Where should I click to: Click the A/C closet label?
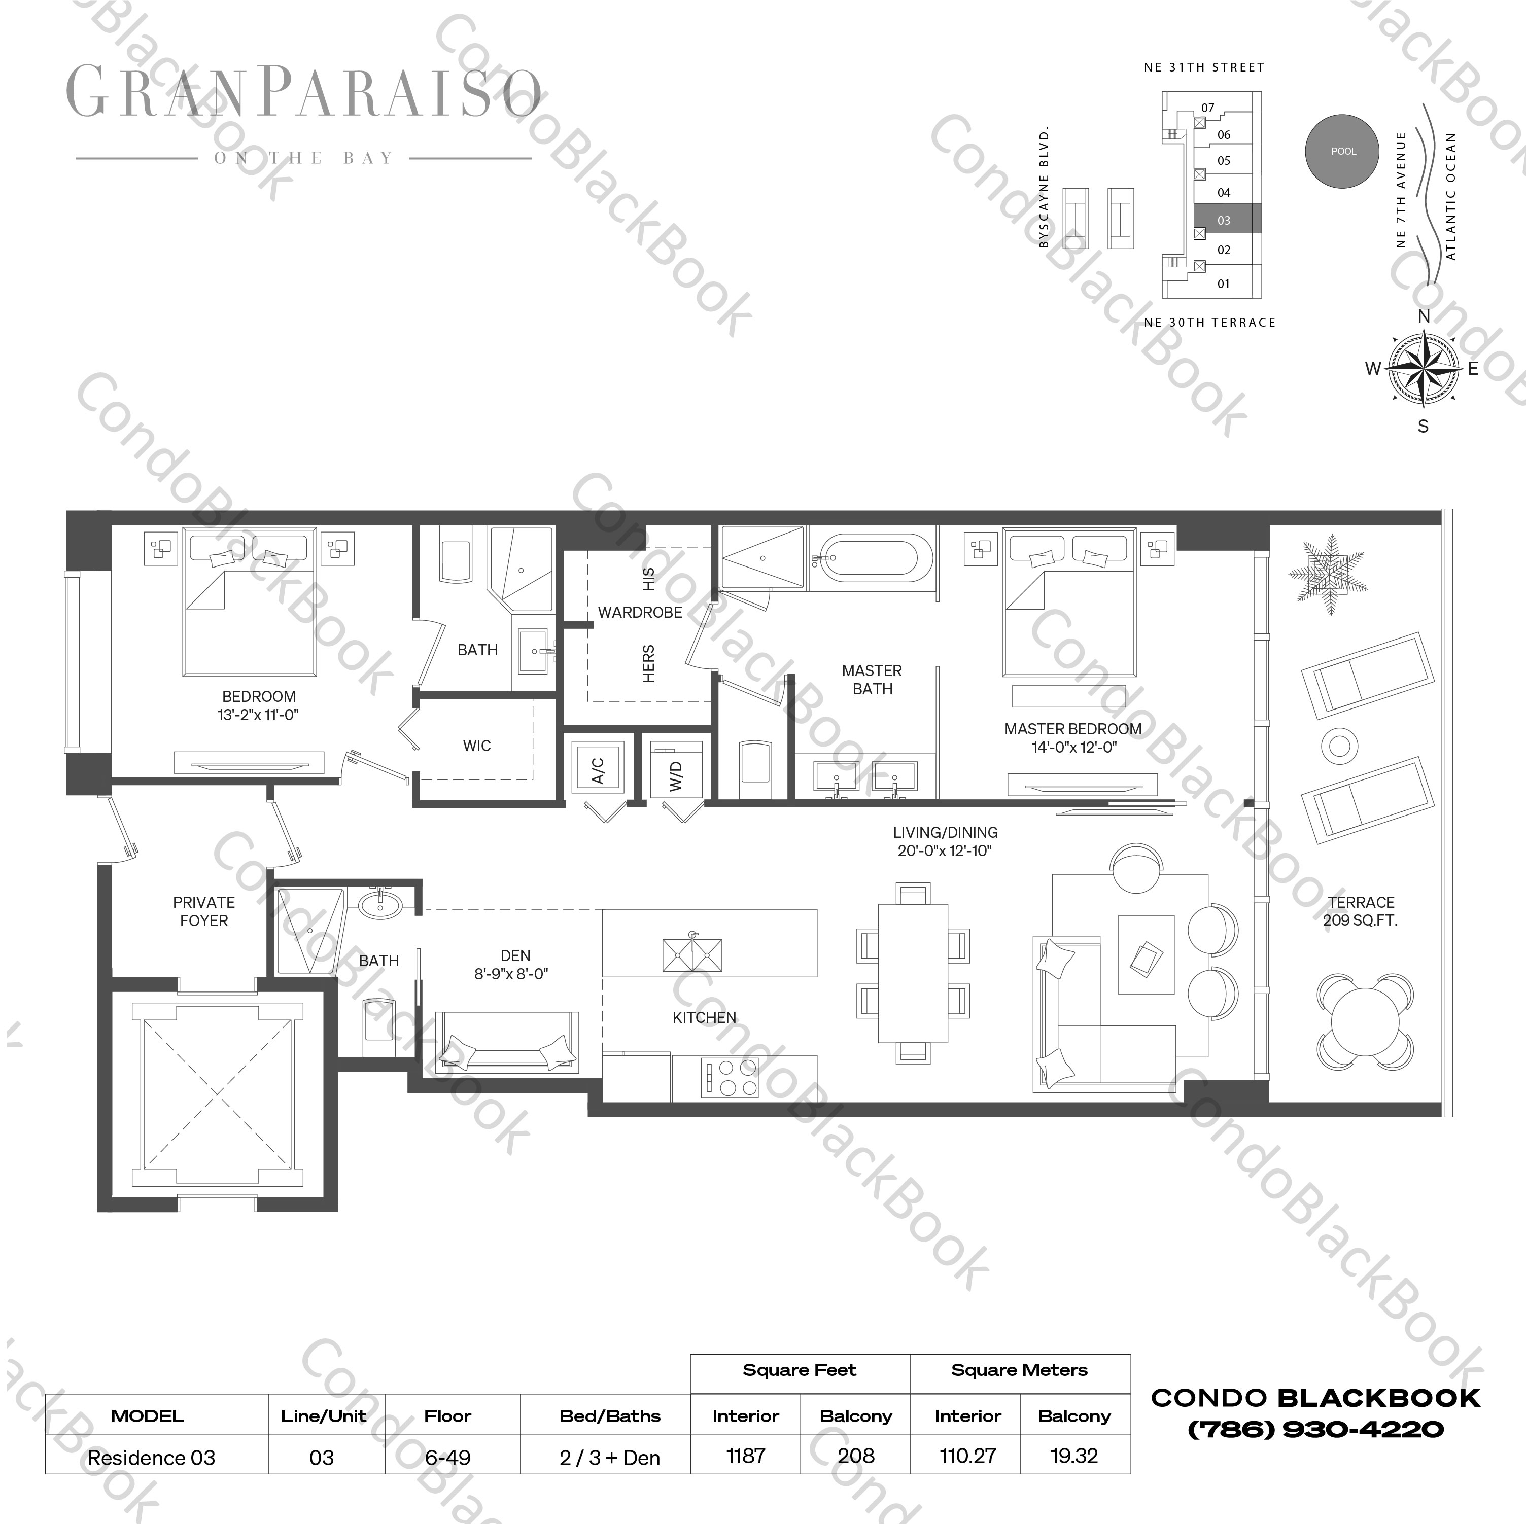598,770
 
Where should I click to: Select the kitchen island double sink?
692,954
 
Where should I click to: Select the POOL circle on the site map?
1343,151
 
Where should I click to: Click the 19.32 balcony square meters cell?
1074,1456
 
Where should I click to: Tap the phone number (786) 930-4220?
1316,1429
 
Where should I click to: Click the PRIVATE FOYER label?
204,911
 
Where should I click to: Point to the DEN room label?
514,955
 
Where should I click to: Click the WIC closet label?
476,746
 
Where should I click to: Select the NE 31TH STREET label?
1204,68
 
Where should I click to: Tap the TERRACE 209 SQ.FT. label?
1360,910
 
